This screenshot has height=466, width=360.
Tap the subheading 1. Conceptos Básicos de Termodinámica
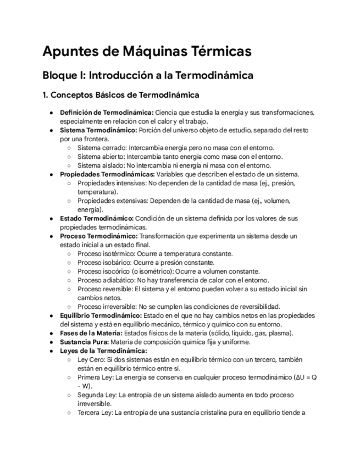121,95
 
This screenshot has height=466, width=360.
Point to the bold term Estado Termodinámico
96,218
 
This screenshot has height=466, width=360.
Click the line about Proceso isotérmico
155,253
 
